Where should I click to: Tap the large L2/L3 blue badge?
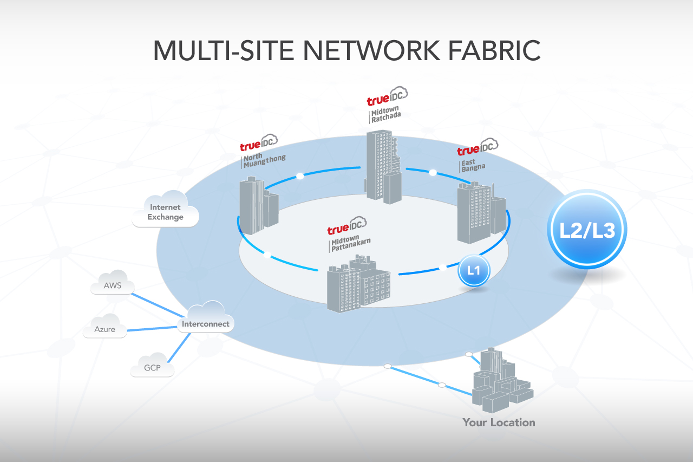click(x=587, y=230)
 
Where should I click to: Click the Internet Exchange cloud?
click(x=166, y=211)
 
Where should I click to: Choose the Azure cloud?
click(x=105, y=328)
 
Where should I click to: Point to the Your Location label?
click(x=499, y=422)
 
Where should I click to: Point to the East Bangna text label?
click(x=474, y=165)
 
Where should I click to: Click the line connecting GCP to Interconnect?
click(x=179, y=347)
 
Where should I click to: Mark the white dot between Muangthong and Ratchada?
click(x=300, y=176)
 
